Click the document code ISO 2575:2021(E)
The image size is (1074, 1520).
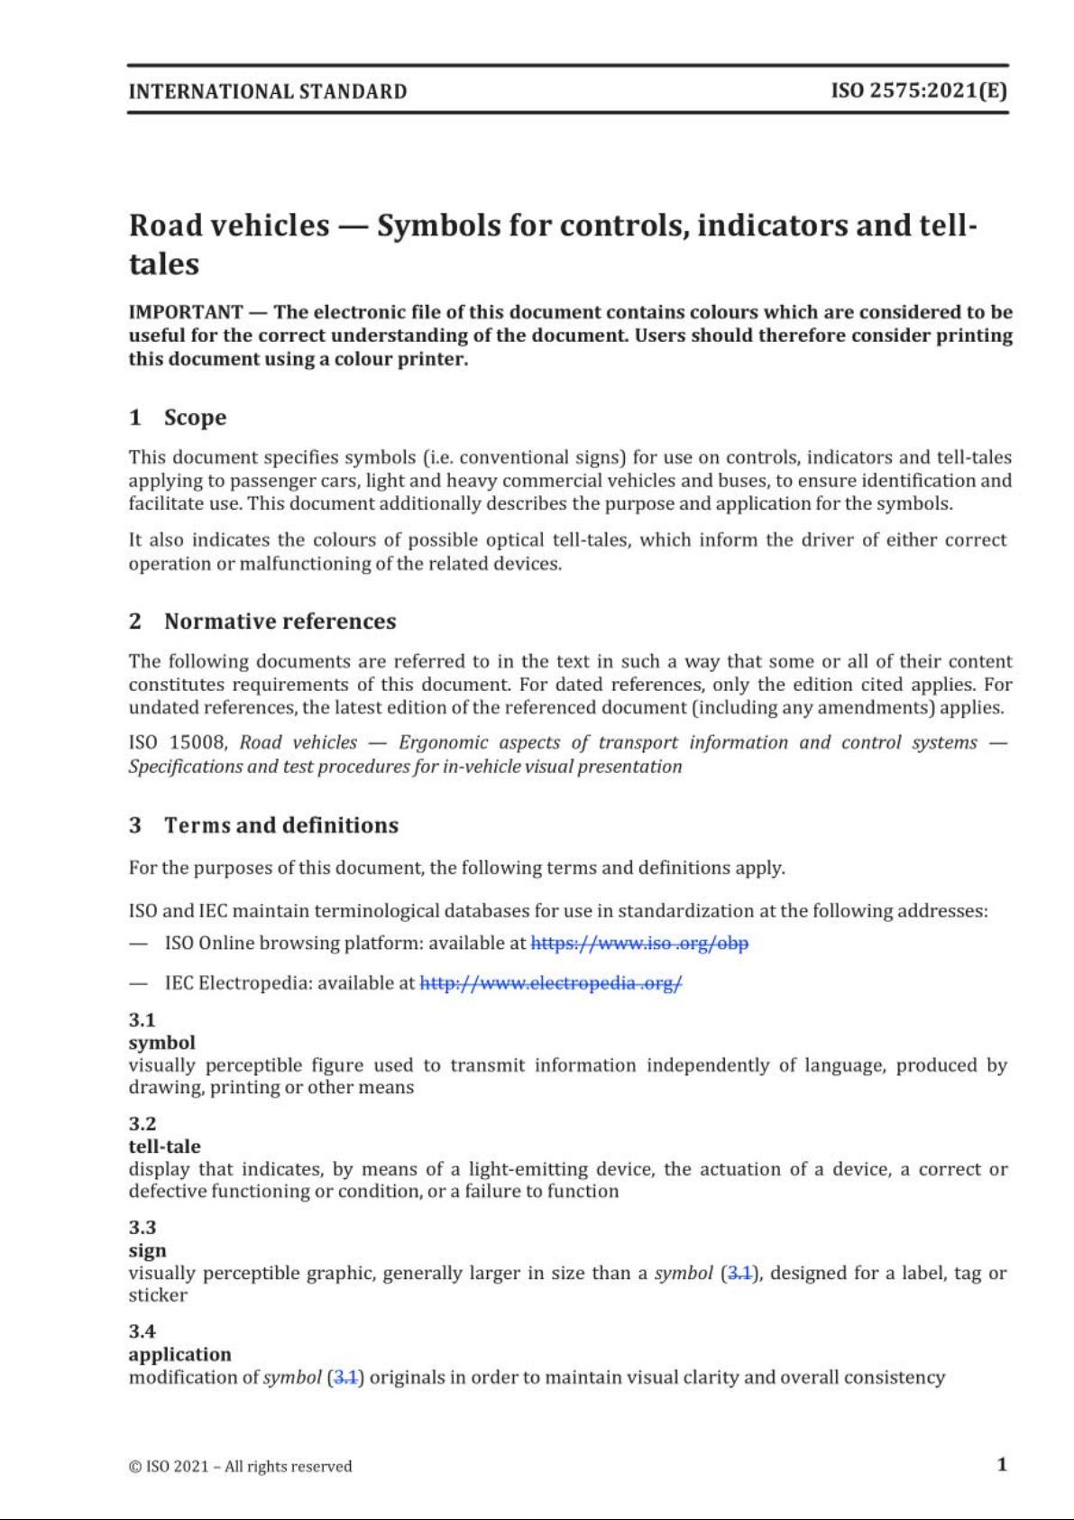tap(919, 91)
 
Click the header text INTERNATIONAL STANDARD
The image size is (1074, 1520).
tap(268, 91)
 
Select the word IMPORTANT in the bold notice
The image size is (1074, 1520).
tap(185, 312)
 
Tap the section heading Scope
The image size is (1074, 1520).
tap(195, 418)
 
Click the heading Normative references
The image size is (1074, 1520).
tap(280, 622)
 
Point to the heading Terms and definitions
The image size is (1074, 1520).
tap(280, 825)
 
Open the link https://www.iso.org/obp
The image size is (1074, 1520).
tap(639, 944)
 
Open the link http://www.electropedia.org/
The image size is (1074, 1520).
tap(551, 983)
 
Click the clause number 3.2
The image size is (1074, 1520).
tap(142, 1124)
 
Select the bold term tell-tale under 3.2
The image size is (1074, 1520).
tap(164, 1147)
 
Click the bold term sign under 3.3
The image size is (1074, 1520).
tap(148, 1250)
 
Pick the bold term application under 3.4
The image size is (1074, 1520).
tap(179, 1354)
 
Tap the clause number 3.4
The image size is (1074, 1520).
tap(142, 1331)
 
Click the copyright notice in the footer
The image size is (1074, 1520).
tap(240, 1467)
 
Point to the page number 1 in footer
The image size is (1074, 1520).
tap(1002, 1464)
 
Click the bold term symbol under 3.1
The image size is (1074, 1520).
tap(161, 1043)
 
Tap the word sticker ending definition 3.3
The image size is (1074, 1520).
tap(158, 1295)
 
